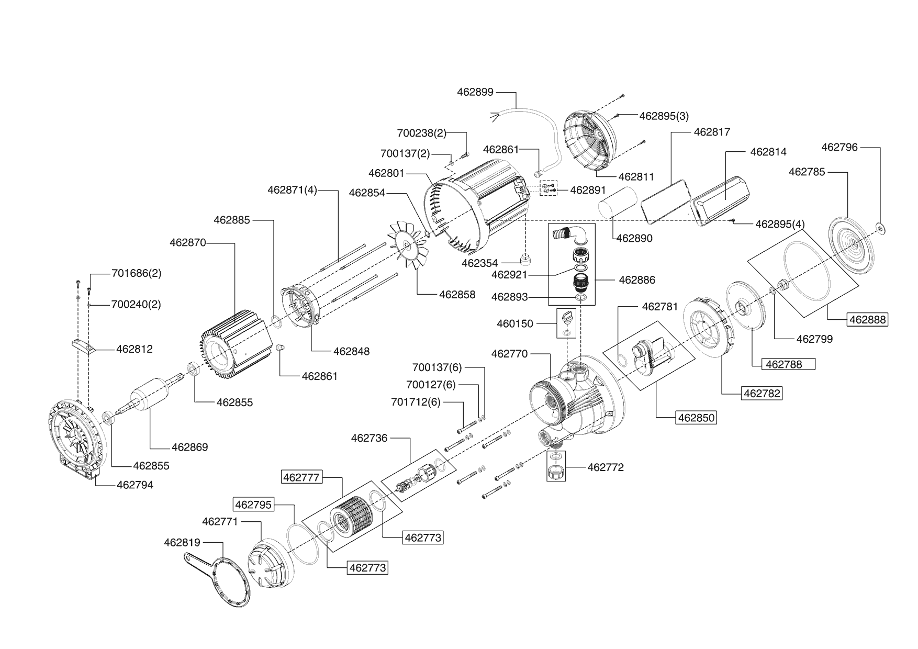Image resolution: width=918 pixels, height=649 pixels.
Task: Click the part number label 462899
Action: [x=475, y=92]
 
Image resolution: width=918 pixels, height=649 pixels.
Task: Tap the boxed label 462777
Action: [x=301, y=477]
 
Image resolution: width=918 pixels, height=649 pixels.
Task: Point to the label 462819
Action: [x=182, y=542]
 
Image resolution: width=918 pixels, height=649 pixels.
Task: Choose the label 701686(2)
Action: [x=136, y=273]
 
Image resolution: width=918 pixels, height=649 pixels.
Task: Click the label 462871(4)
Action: [x=293, y=189]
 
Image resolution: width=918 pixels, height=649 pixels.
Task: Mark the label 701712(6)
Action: [x=416, y=402]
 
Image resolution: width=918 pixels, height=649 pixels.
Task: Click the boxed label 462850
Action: [x=696, y=418]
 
